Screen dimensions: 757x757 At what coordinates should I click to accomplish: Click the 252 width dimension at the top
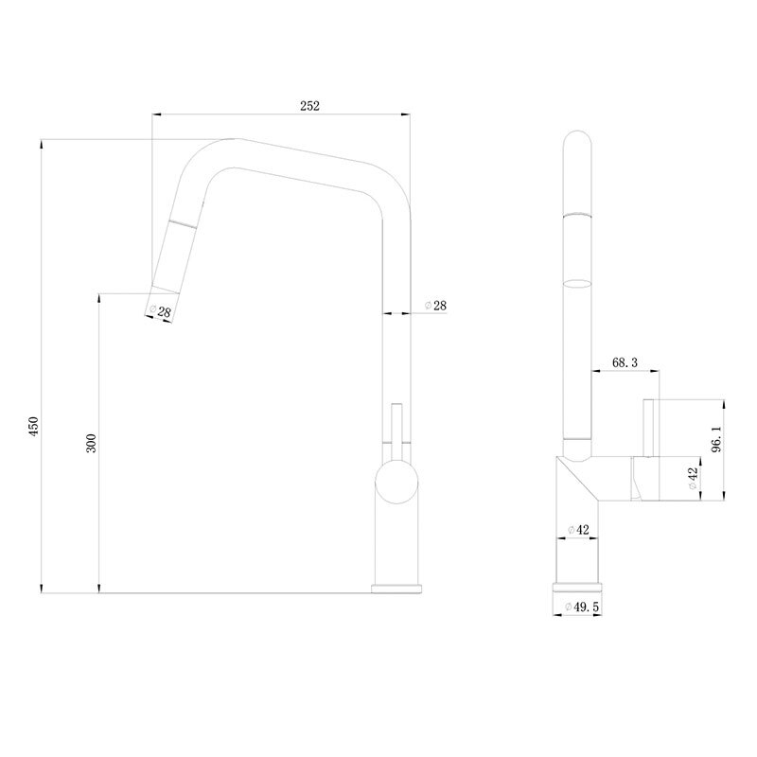[310, 106]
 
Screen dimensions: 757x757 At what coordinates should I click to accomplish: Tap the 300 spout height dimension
[91, 443]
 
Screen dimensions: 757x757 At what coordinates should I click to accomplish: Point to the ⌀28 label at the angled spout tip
[159, 311]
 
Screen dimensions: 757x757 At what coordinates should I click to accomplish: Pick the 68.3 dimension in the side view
[625, 361]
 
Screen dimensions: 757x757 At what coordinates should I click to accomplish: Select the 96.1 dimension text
[716, 441]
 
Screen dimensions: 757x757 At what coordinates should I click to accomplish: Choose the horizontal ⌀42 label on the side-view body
[578, 530]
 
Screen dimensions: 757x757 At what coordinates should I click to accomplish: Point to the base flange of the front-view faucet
[396, 589]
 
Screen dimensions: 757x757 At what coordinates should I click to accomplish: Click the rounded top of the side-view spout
[578, 142]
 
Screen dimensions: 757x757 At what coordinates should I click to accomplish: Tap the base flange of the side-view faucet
[579, 588]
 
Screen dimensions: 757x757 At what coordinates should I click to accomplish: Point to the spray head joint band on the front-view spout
[182, 223]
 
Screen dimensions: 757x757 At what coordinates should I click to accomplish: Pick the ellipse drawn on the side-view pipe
[577, 282]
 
